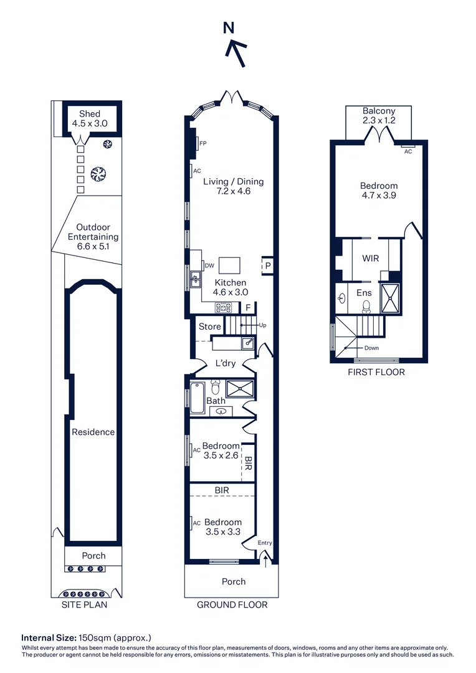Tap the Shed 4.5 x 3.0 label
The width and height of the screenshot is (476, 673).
click(x=89, y=118)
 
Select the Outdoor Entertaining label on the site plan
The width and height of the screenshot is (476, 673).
click(x=93, y=237)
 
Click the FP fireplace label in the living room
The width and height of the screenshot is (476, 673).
click(x=202, y=144)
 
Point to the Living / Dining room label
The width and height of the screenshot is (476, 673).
click(x=234, y=186)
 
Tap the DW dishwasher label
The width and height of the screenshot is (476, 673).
click(x=209, y=265)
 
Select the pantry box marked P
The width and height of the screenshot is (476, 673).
click(x=267, y=265)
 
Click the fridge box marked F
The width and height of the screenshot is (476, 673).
click(x=247, y=307)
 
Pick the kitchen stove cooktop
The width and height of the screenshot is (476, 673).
click(x=224, y=307)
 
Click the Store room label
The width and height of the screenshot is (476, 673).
click(x=210, y=327)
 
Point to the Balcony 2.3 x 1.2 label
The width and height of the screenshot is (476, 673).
click(x=379, y=115)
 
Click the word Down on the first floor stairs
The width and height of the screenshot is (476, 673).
click(x=371, y=348)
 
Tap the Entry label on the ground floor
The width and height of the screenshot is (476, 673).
click(x=265, y=543)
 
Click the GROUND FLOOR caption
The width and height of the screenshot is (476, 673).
click(x=232, y=604)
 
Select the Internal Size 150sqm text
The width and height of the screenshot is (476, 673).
click(x=87, y=637)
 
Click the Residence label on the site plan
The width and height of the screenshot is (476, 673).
click(x=93, y=432)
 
